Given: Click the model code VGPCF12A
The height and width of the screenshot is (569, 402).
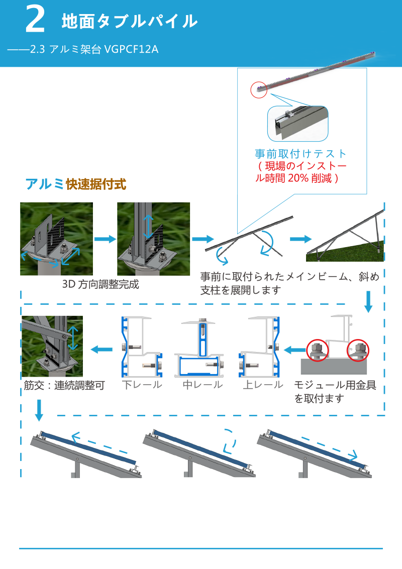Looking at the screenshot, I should (x=131, y=49).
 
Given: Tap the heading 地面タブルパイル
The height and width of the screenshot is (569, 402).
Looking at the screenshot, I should (x=129, y=21).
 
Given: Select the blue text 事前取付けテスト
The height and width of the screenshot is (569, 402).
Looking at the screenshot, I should (x=300, y=154).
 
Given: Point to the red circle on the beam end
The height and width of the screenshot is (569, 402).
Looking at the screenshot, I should (x=258, y=90).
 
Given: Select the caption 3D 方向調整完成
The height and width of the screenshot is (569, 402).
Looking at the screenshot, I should (x=100, y=284).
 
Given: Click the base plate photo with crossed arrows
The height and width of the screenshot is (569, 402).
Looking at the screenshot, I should (x=56, y=239).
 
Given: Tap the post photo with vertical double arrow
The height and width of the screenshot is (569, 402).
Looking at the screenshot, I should (x=153, y=239).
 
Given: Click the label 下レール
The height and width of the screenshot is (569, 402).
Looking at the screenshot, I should (x=142, y=385).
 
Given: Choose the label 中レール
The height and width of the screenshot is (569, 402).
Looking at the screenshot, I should (x=203, y=385).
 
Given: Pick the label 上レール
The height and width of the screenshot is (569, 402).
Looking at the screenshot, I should (x=263, y=385).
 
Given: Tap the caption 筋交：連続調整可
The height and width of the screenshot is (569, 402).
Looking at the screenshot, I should (x=64, y=386).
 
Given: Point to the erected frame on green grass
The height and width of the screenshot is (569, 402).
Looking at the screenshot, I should (x=346, y=236).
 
